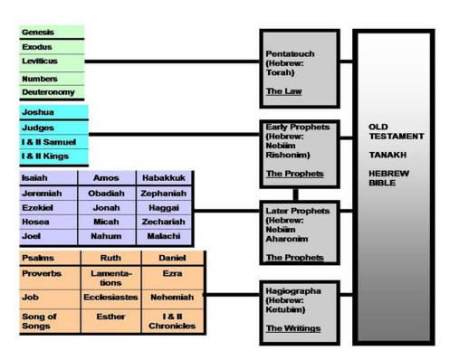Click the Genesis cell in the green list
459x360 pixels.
click(x=51, y=33)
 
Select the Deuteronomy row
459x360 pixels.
click(x=51, y=91)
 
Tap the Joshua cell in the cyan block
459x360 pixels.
click(x=51, y=113)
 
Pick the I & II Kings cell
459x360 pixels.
click(x=51, y=156)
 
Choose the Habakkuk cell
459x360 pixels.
click(x=164, y=179)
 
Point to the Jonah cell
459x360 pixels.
click(x=107, y=207)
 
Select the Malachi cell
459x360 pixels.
click(x=164, y=236)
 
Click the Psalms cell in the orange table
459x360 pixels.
click(x=50, y=258)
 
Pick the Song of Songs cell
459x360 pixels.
click(x=50, y=321)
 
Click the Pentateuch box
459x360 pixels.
click(x=299, y=68)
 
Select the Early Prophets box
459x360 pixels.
click(x=299, y=151)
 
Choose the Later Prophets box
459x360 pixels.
click(x=299, y=234)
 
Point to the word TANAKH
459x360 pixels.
click(x=386, y=154)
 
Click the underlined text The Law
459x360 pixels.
click(x=283, y=91)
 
